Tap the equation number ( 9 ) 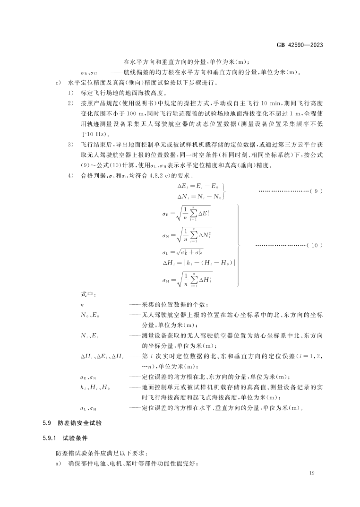[x=315, y=191]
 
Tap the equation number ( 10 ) [x=315, y=245]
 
